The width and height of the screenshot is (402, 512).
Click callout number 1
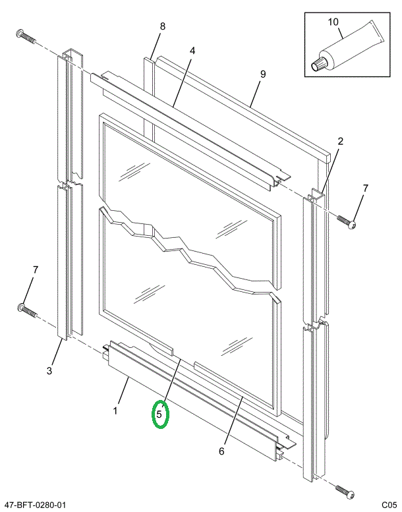pos(115,411)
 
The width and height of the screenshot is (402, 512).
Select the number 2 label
pos(341,141)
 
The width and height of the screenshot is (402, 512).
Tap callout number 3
pos(49,370)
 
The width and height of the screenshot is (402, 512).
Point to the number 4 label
pos(192,51)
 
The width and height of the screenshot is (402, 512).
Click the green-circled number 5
pos(160,414)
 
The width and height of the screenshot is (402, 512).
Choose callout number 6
pos(221,451)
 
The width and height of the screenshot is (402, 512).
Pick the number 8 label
pos(162,26)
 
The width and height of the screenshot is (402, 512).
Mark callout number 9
pos(262,74)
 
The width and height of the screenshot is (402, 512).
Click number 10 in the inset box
pos(333,22)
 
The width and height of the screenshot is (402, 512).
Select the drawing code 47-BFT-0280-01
pos(35,505)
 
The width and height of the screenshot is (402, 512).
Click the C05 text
pos(388,505)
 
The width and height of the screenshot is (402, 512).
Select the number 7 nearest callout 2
pos(365,189)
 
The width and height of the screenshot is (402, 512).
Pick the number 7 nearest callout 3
pos(36,270)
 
